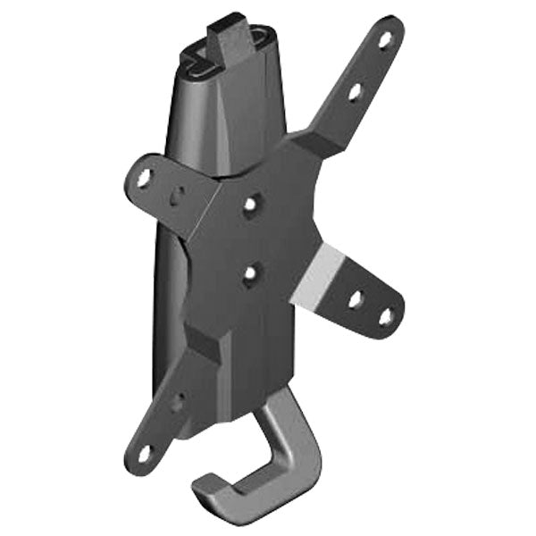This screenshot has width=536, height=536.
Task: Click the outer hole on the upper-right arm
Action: tap(385, 39)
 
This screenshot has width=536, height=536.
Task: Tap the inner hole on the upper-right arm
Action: tap(355, 90)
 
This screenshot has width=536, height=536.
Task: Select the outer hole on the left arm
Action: tap(142, 178)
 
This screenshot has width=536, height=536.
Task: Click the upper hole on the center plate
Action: tap(250, 205)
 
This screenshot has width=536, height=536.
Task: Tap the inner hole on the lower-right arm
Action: tap(355, 299)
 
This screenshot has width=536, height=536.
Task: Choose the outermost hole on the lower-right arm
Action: tap(386, 316)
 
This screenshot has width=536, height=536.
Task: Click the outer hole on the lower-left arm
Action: tap(144, 454)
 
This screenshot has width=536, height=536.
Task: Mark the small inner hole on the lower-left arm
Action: tap(177, 402)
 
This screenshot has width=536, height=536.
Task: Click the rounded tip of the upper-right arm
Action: tap(393, 27)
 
